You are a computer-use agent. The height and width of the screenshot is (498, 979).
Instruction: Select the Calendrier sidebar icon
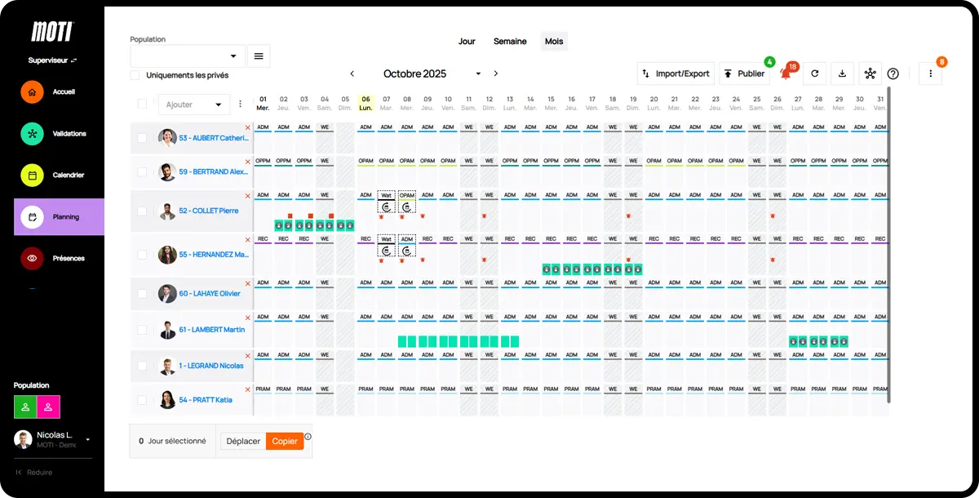tap(32, 176)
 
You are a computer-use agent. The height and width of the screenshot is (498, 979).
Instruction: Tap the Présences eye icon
tap(32, 258)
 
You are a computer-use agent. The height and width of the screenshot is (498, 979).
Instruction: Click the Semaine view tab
tap(510, 42)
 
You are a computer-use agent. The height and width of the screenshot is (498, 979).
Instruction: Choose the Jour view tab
tap(467, 42)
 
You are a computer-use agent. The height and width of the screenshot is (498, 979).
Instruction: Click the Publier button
tap(743, 73)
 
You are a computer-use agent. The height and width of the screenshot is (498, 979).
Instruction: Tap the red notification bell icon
tap(786, 74)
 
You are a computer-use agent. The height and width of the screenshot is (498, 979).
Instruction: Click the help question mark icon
tap(893, 73)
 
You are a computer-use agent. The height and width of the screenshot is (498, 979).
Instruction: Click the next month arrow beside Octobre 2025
tap(495, 73)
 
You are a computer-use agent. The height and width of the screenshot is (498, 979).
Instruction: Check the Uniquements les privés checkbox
tap(135, 75)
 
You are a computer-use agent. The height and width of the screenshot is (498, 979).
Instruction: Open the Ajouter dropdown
tap(194, 104)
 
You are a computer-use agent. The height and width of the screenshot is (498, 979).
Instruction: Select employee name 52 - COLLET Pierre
tap(208, 211)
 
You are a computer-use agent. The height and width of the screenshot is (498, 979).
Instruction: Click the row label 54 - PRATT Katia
tap(206, 400)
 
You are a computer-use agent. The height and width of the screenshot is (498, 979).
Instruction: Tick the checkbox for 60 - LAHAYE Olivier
tap(142, 294)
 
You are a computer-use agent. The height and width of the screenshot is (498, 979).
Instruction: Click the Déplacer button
tap(243, 441)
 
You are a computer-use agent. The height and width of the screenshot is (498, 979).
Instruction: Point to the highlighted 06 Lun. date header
tap(365, 103)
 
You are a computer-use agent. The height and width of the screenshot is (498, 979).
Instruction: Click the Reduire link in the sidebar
tap(39, 473)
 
